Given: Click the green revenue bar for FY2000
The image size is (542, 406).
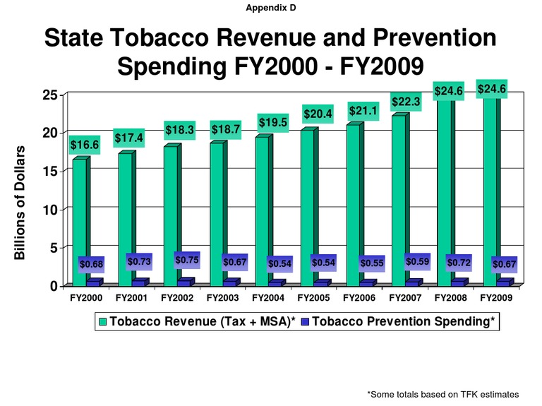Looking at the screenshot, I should pyautogui.click(x=80, y=212).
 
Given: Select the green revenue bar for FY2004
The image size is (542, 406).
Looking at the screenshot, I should pyautogui.click(x=262, y=205).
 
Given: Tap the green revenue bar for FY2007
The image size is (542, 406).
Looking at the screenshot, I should pyautogui.click(x=399, y=191).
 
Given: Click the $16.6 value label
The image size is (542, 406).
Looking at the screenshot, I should pyautogui.click(x=84, y=145).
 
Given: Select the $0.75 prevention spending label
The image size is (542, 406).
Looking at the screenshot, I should pyautogui.click(x=187, y=260).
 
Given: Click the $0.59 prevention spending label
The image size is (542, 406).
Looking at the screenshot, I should pyautogui.click(x=416, y=261).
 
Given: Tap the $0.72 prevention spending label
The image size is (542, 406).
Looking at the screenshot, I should pyautogui.click(x=459, y=263).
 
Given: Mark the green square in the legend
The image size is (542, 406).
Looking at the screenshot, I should pyautogui.click(x=103, y=322).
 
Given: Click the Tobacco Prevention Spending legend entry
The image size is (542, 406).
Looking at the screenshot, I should pyautogui.click(x=403, y=322).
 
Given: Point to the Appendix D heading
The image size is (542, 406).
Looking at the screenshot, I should pyautogui.click(x=270, y=8).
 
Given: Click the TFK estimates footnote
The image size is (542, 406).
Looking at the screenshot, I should pyautogui.click(x=442, y=393).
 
